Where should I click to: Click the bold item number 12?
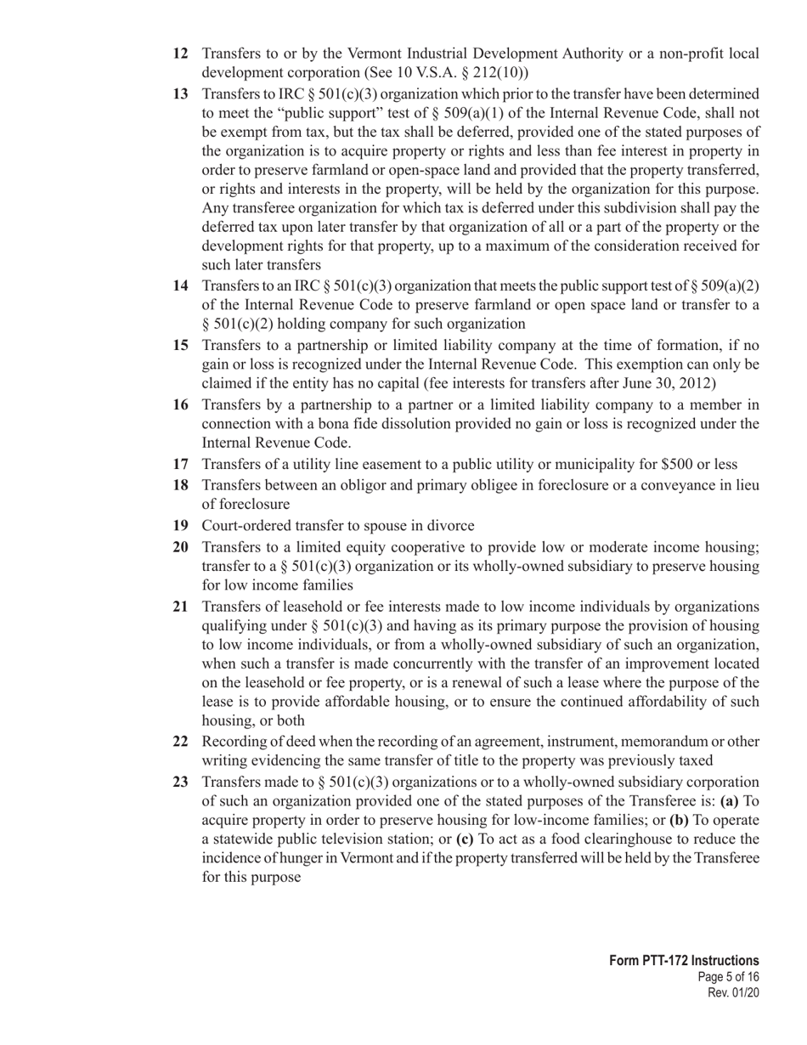coord(180,54)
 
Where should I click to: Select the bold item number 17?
coord(180,464)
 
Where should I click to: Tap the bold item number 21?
coord(180,606)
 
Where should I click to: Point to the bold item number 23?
coord(180,781)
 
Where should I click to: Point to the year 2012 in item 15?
coord(696,382)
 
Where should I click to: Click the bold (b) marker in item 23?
coord(679,820)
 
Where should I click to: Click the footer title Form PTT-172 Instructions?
coord(684,960)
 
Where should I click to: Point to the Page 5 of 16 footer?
coord(727,977)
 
